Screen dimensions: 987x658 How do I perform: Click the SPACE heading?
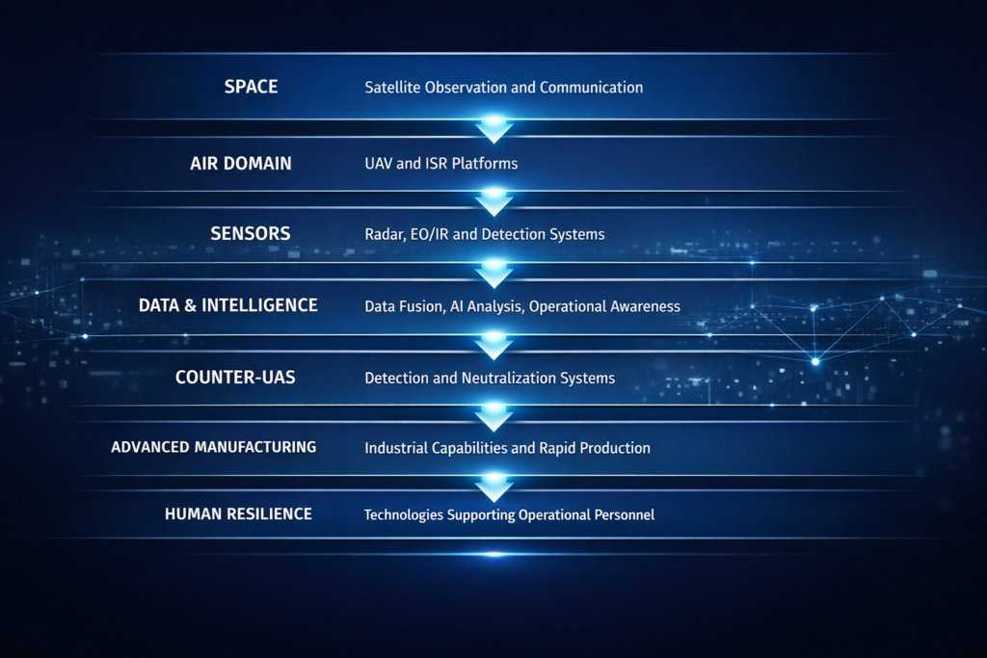pos(252,87)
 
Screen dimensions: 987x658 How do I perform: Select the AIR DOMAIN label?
pos(241,164)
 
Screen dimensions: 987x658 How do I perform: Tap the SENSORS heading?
pos(251,234)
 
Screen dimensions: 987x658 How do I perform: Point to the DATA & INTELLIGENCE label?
pos(227,305)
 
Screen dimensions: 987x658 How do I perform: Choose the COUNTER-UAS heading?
pos(235,378)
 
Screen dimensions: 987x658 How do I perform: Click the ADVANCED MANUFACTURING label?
pos(213,447)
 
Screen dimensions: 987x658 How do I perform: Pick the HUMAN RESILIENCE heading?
pos(239,513)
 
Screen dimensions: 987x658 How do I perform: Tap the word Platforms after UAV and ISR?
pos(485,164)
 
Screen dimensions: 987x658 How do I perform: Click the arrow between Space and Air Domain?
pos(494,128)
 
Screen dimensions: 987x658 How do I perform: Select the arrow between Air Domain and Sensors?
pos(494,200)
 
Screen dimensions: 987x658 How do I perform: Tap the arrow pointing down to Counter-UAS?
pos(494,345)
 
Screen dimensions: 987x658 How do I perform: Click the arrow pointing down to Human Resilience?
pos(494,487)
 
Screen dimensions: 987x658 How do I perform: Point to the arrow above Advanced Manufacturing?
pos(494,416)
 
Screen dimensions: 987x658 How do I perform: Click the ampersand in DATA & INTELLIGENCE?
pos(190,305)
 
